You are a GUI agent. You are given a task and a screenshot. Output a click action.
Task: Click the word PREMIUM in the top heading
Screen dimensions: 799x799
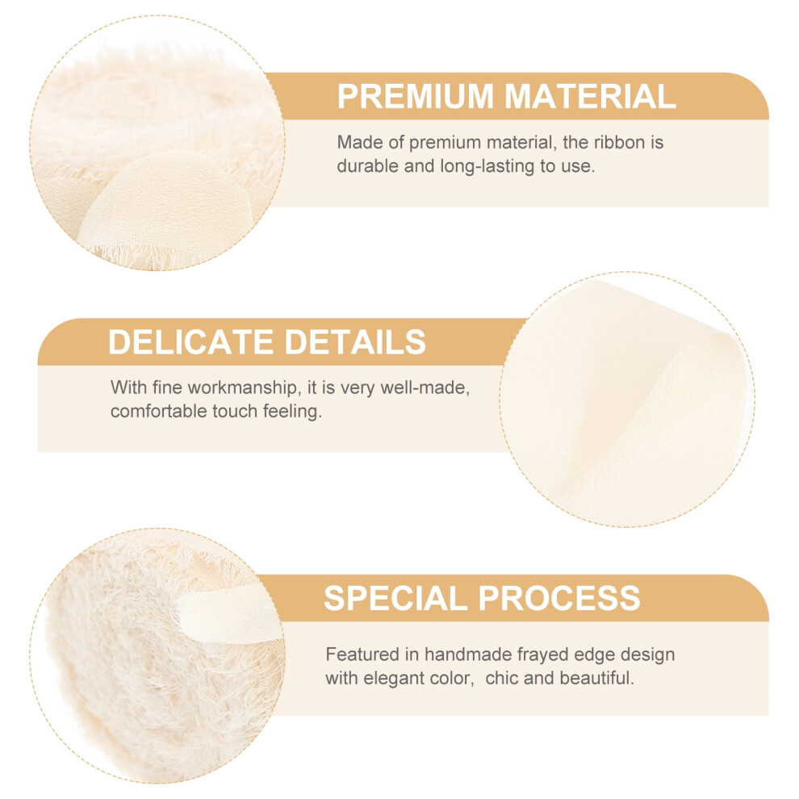416,96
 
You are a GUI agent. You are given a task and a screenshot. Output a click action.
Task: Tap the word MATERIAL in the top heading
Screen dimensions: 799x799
590,96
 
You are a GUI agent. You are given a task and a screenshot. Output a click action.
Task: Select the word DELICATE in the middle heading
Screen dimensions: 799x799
190,341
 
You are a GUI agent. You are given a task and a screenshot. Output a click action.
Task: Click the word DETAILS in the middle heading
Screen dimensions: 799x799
354,341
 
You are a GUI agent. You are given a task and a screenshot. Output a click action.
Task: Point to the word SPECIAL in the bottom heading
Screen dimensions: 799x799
395,598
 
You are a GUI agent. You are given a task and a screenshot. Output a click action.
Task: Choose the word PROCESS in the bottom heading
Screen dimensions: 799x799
559,598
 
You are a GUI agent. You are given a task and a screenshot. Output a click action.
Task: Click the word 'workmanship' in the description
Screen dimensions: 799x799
242,387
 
